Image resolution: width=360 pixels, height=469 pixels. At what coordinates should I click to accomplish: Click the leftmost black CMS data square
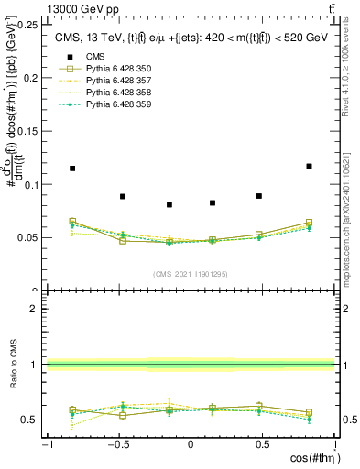[x=72, y=169]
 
